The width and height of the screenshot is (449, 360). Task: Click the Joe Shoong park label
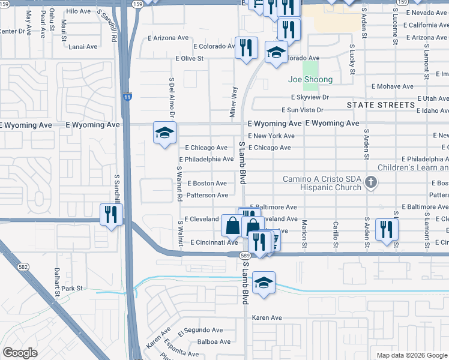310,79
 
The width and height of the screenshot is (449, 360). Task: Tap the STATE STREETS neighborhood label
381,105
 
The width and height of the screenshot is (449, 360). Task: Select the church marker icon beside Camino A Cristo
371,182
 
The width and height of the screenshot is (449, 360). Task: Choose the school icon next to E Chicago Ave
164,133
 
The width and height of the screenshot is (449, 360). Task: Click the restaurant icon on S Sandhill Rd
111,215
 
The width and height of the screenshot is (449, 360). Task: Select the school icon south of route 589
264,283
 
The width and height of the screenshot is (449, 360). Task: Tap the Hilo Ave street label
78,11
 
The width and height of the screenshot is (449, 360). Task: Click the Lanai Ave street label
83,46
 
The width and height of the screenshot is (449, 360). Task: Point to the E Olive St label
190,59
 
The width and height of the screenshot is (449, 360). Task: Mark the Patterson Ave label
207,195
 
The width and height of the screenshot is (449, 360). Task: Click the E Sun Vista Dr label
303,110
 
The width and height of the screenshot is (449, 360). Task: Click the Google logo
20,352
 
